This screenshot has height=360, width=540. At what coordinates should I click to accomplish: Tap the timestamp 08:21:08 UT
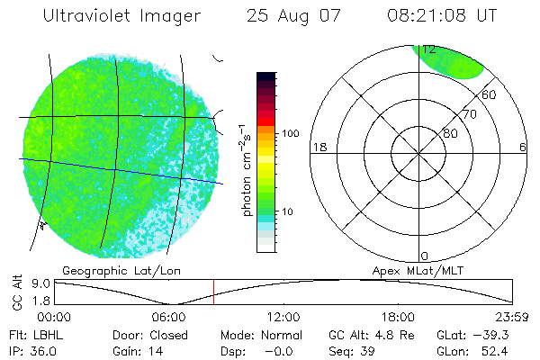point(432,16)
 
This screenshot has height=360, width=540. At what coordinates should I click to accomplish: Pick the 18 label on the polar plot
point(318,147)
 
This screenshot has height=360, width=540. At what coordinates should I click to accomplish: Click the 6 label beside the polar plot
point(522,147)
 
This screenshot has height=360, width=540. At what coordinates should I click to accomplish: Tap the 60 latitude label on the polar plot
point(490,94)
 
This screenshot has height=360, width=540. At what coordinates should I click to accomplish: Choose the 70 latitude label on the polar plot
point(468,115)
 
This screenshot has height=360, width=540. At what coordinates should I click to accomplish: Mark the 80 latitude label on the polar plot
point(450,133)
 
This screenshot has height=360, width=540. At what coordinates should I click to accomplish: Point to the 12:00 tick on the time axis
point(283,317)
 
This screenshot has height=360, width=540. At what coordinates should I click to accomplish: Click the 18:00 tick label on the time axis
point(398,317)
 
